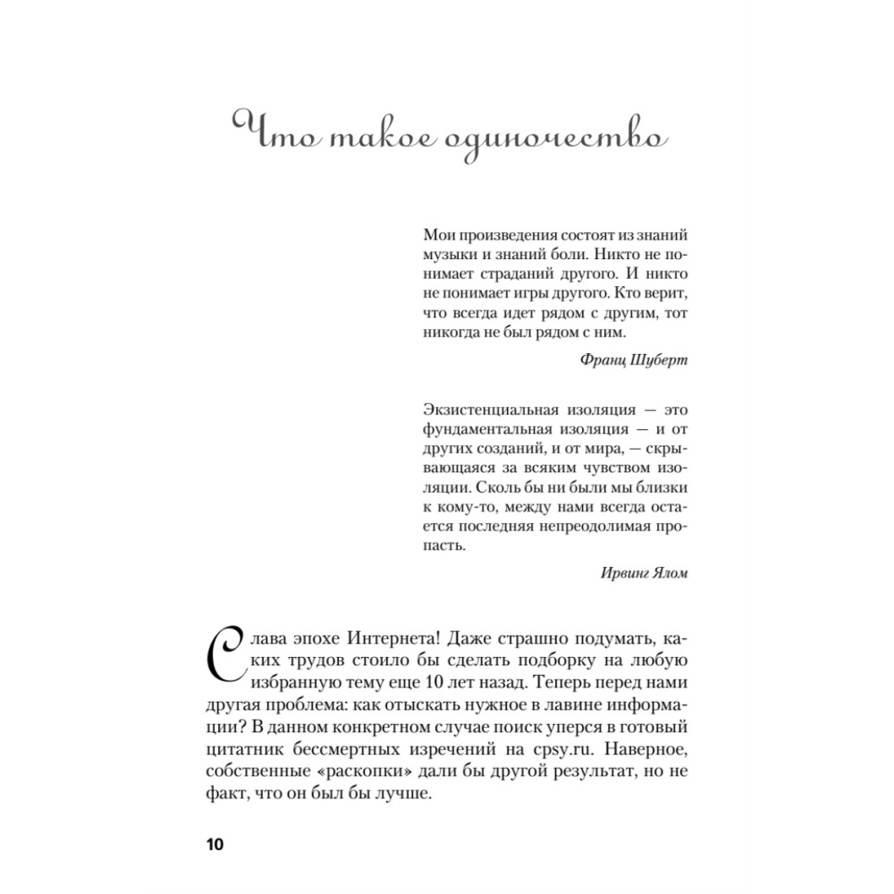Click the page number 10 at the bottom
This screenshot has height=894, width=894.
[x=216, y=845]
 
